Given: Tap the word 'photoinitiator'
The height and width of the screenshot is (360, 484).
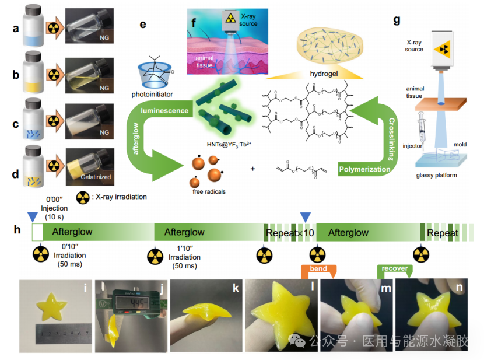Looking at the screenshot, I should pos(155,93).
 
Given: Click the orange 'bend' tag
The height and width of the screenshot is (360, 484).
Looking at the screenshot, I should pos(318,270).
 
